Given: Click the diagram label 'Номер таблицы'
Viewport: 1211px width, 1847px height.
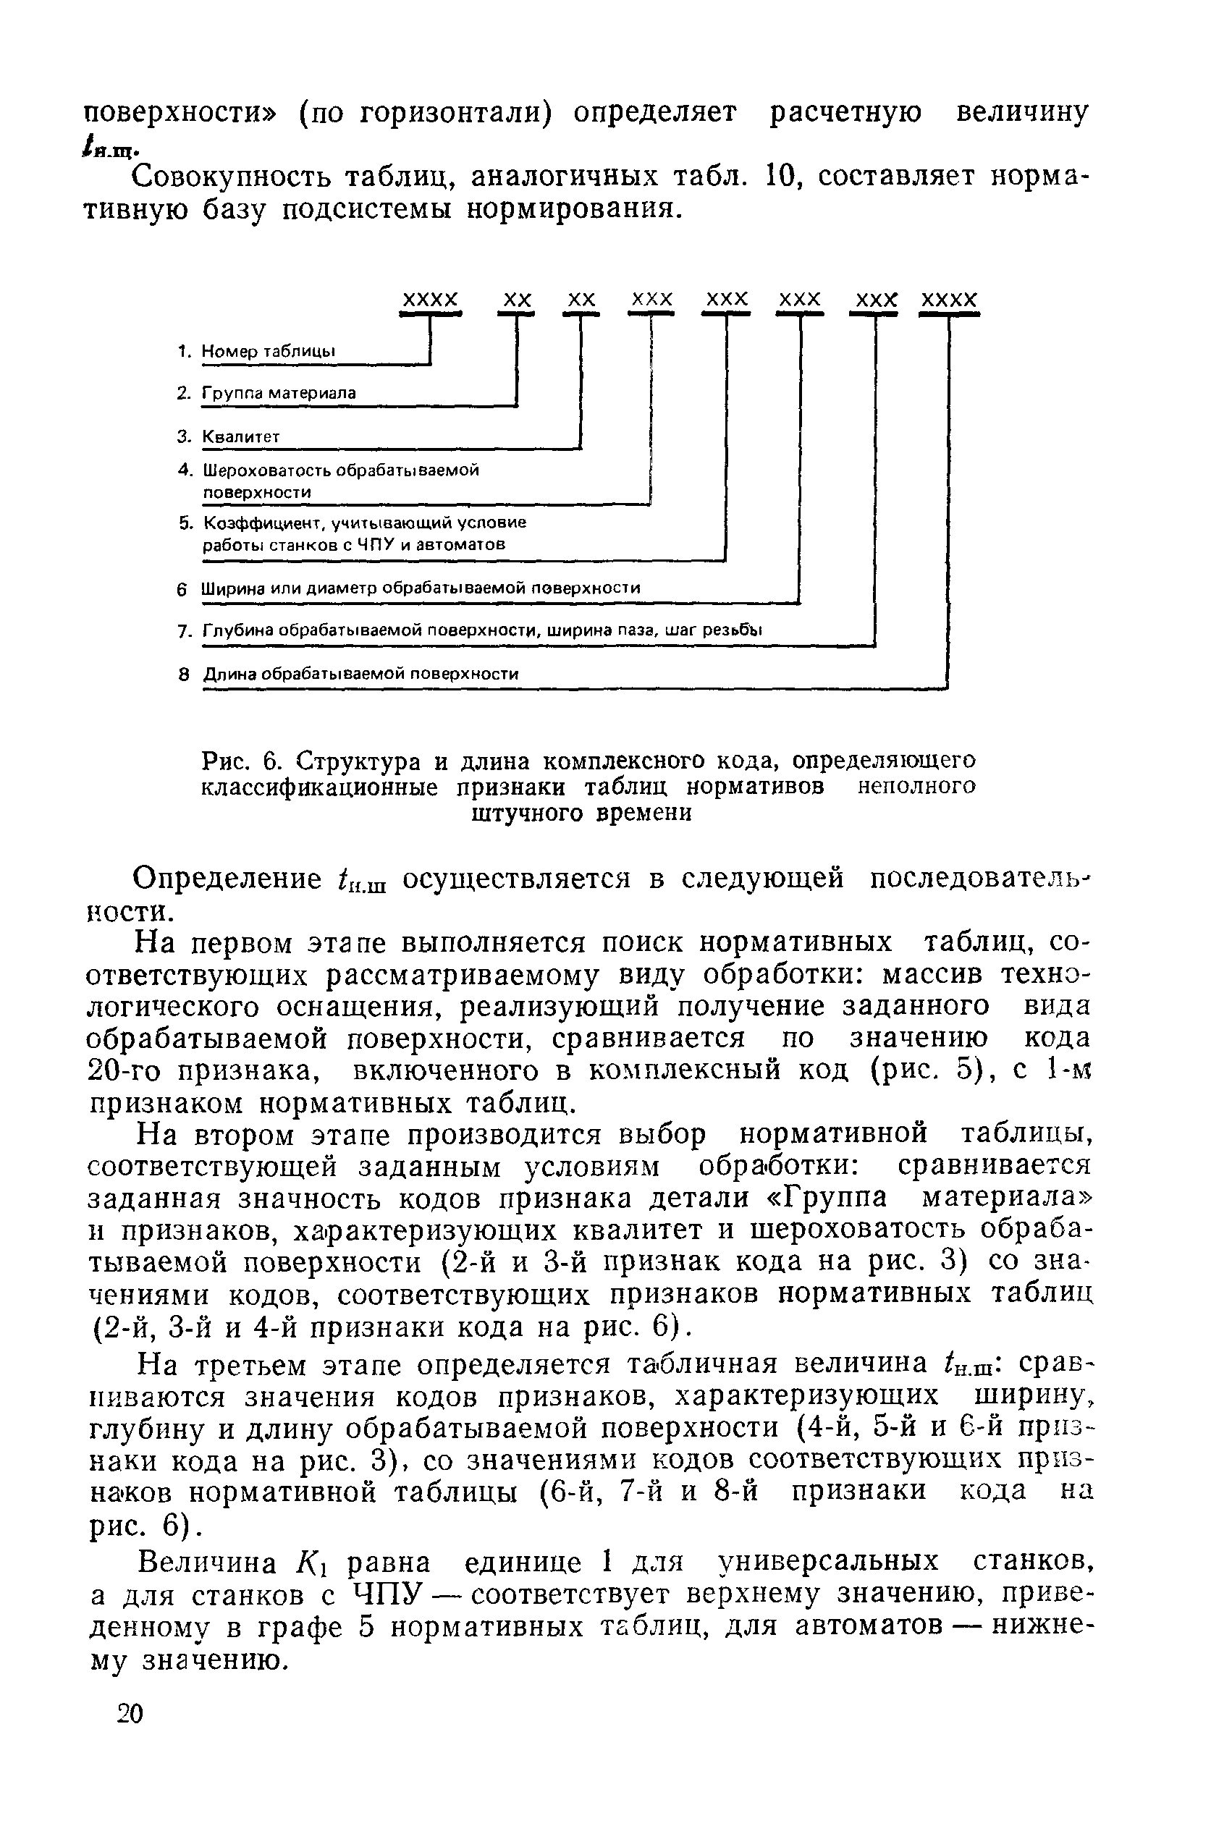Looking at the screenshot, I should point(269,352).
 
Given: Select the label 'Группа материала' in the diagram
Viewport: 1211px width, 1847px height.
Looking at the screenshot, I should point(279,394).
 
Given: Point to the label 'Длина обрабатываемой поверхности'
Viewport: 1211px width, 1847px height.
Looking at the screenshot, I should point(360,674).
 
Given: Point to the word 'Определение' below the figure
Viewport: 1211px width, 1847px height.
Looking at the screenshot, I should point(227,879).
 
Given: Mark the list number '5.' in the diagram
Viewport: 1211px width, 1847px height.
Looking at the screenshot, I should point(185,523).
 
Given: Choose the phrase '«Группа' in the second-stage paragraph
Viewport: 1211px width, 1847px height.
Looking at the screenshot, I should point(826,1199).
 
